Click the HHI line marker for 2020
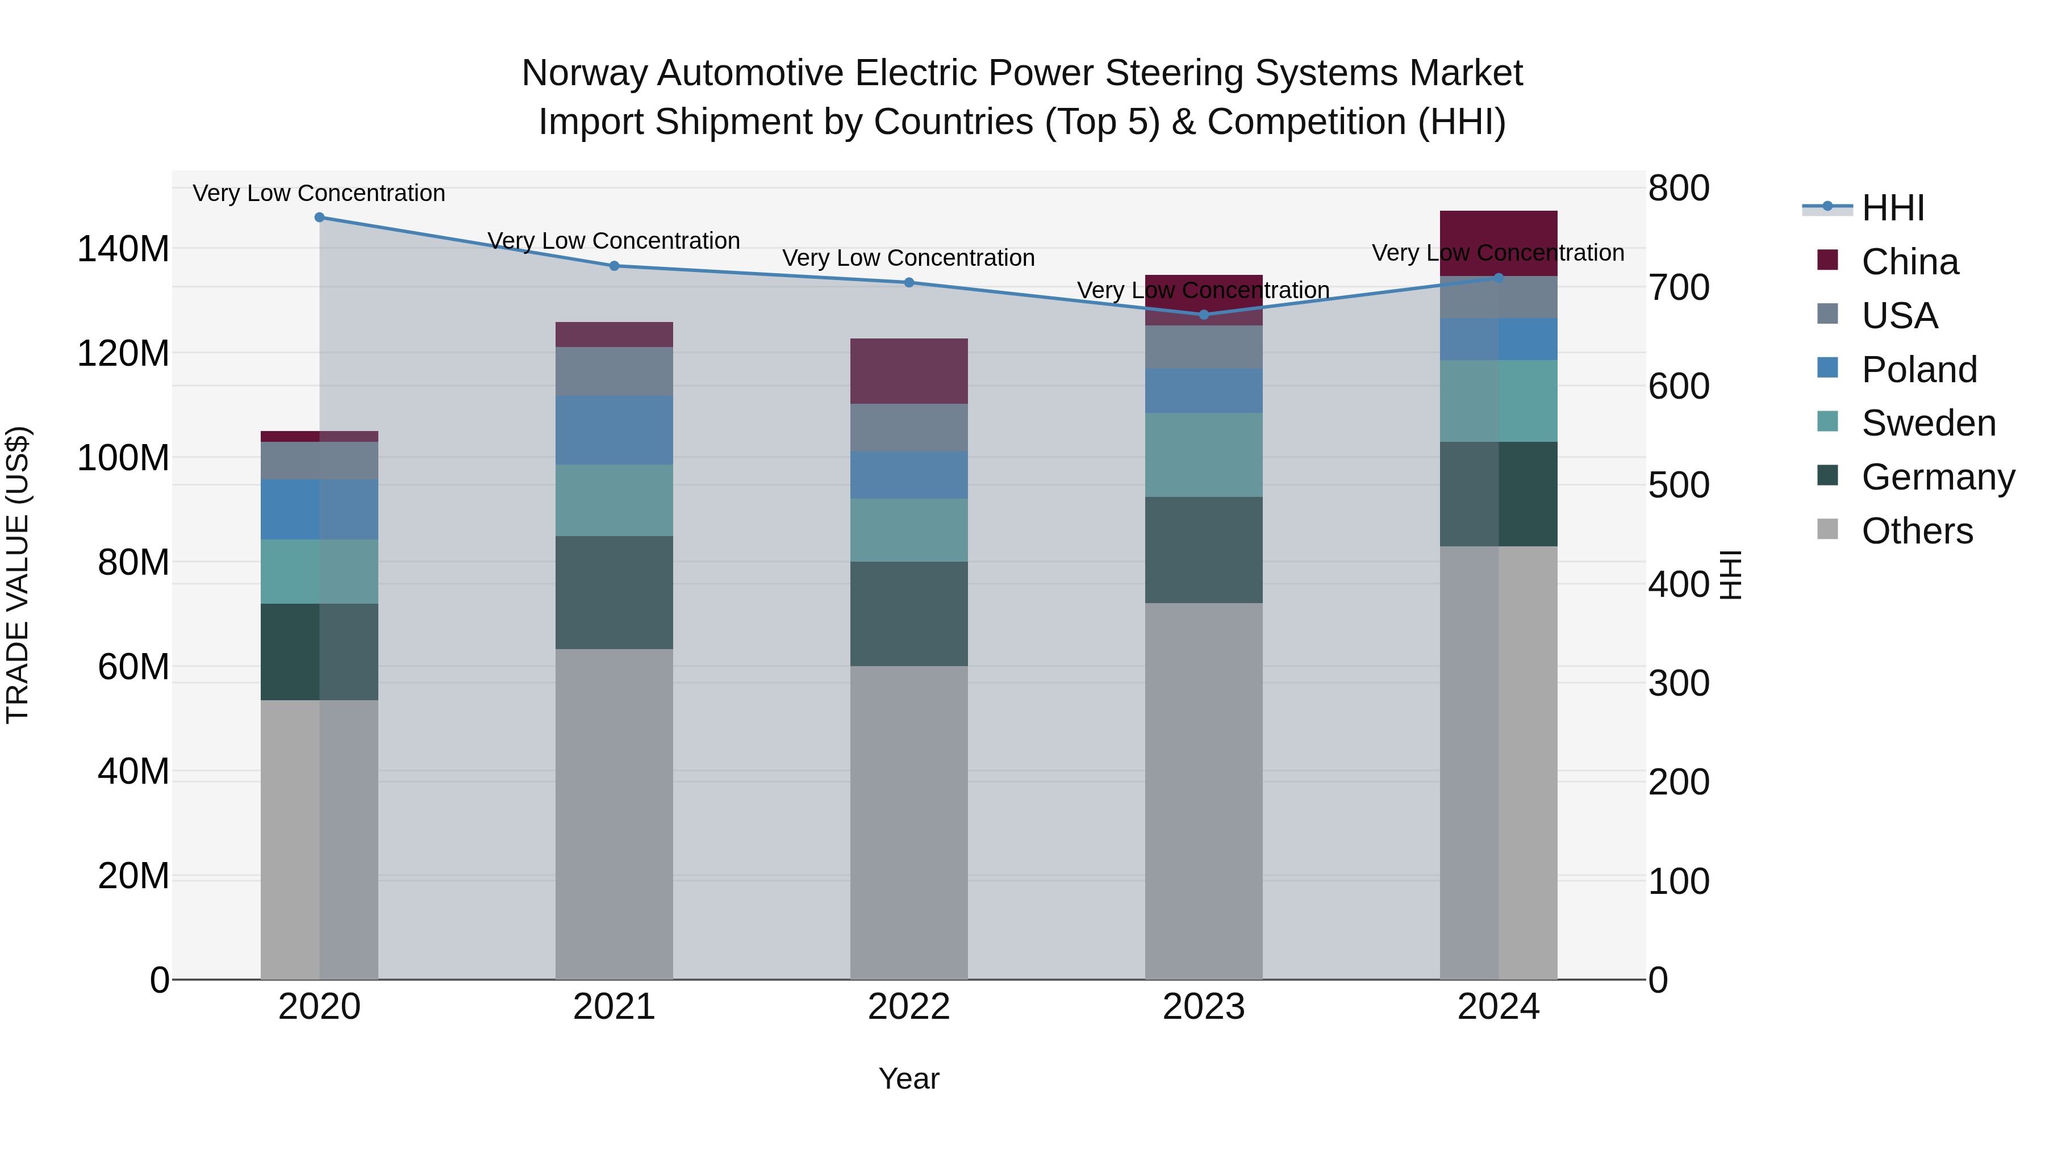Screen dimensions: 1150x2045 coord(319,217)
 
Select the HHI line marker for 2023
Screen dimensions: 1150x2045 coord(1204,314)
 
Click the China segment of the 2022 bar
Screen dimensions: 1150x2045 coord(909,371)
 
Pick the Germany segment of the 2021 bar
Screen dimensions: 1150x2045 coord(613,592)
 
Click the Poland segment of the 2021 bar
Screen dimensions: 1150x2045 coord(613,429)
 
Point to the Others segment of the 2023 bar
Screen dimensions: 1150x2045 coord(1204,791)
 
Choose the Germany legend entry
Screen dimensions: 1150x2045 coord(1937,477)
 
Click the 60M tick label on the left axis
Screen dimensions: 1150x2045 coord(132,667)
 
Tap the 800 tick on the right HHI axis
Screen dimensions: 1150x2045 coord(1678,189)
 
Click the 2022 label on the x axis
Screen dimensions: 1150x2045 coord(909,1006)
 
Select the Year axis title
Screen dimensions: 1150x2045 coord(909,1078)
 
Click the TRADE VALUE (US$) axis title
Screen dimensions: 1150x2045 coord(18,575)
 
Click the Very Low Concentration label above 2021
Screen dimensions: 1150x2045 coord(613,240)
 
